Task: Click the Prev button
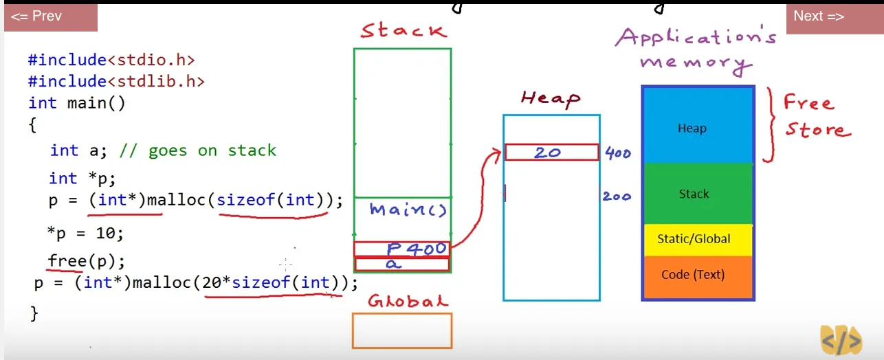tap(50, 16)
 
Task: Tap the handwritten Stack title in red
tap(404, 30)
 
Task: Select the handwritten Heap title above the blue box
tap(550, 99)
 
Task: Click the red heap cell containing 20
tap(551, 153)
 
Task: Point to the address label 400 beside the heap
tap(617, 153)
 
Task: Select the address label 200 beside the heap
tap(617, 196)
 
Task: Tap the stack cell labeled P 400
tap(401, 249)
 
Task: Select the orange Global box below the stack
tap(402, 330)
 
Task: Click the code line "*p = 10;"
tap(85, 234)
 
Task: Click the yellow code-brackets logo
tap(841, 340)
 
